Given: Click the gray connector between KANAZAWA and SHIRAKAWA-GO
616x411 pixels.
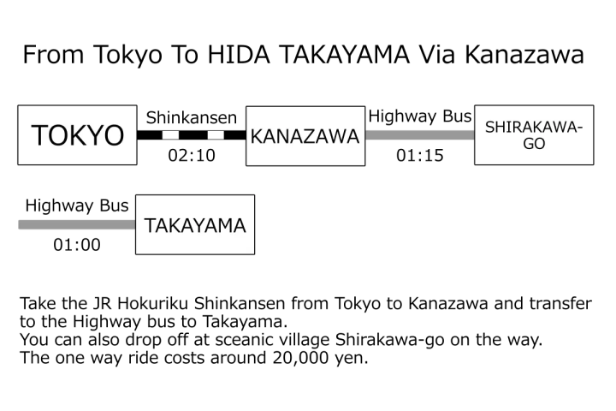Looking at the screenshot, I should coord(419,134).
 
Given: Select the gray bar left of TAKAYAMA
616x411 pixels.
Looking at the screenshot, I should coord(76,224).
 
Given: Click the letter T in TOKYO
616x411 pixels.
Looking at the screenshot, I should coord(40,135).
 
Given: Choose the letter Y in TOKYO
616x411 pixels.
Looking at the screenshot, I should coord(94,135).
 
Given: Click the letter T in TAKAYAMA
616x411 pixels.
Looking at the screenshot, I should coord(151,226).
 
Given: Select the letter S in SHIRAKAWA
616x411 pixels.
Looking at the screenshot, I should coord(490,128).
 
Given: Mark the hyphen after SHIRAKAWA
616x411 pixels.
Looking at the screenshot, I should coord(579,128).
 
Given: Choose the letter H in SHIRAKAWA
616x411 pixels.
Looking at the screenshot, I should coord(501,128).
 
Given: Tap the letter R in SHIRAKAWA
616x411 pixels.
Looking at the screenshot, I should coord(518,128).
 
